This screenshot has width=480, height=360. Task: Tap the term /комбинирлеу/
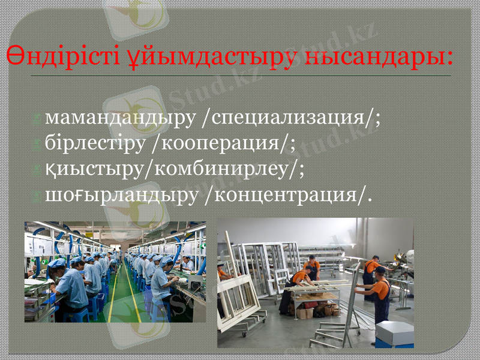click(x=222, y=169)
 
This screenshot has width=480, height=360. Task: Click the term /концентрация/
click(x=287, y=195)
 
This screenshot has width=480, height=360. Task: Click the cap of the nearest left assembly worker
click(x=57, y=263)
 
